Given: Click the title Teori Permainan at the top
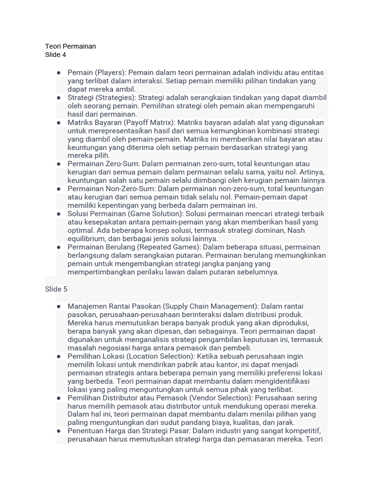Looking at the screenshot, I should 70,46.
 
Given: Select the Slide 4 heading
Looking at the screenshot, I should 55,54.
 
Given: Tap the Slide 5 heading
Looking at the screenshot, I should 56,289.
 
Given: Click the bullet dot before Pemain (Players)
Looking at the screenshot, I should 59,72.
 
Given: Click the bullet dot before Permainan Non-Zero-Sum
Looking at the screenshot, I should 59,189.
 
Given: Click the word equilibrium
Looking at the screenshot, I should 87,239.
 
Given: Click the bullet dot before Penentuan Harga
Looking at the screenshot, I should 59,431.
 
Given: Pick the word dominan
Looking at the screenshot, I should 267,230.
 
